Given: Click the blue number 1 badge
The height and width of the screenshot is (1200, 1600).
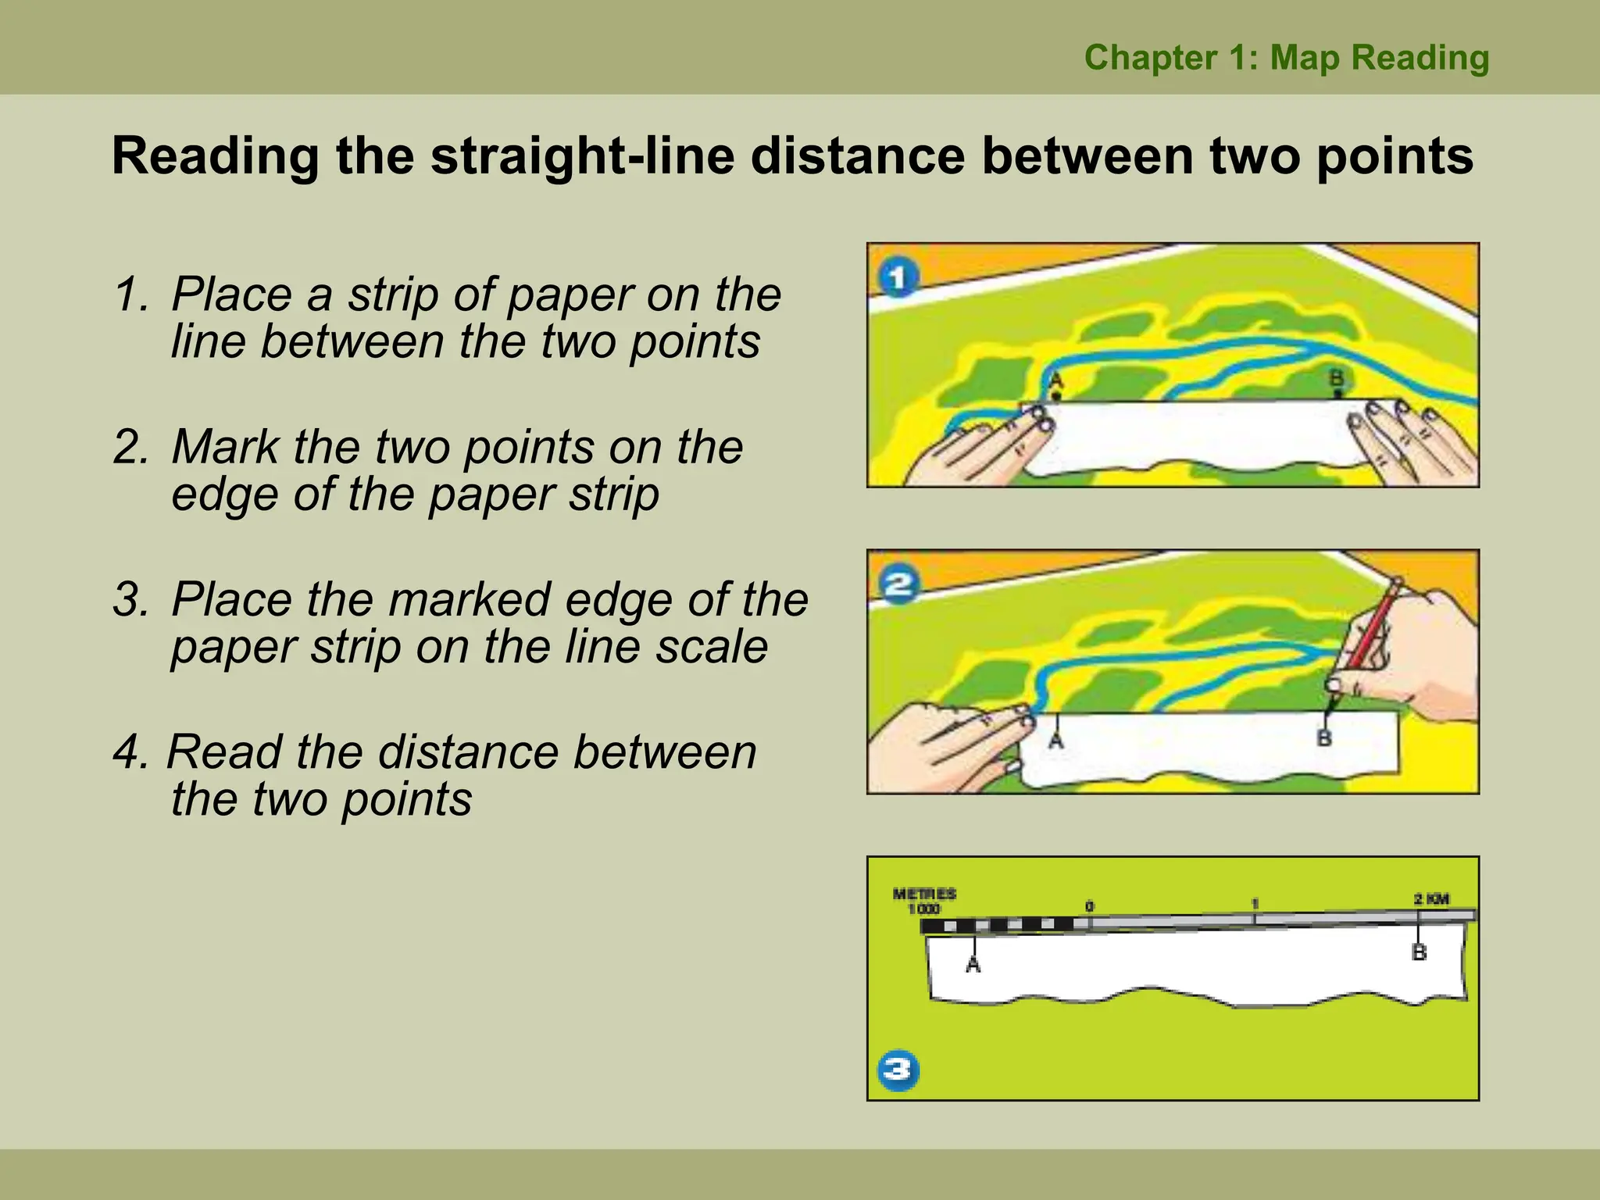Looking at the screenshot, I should pos(898,279).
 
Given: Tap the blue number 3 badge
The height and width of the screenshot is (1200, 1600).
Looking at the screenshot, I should pos(898,1070).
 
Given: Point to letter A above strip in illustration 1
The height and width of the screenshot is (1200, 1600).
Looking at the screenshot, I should pos(1055,380).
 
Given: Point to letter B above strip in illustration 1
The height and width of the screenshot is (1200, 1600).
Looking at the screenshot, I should pos(1337,379).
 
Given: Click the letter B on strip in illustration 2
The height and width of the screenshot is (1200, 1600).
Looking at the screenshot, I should pos(1324,737).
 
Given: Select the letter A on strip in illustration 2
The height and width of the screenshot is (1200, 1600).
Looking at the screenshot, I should pos(1055,739).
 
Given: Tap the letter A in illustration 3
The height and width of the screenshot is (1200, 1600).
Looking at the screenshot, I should pos(973,966).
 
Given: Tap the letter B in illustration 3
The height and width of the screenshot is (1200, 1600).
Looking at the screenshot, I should pos(1420,952).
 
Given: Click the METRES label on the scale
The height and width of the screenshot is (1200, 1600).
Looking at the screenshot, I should pos(924,894).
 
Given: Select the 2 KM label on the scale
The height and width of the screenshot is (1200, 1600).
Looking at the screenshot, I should pos(1431,899).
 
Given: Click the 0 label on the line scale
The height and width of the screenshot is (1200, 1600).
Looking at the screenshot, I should pos(1089,906).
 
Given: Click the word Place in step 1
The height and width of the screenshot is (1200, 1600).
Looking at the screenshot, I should pos(231,295).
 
